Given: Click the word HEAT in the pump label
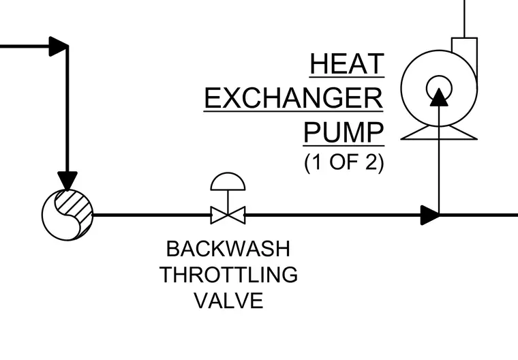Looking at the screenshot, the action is click(x=347, y=64).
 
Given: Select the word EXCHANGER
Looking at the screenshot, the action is click(x=293, y=98).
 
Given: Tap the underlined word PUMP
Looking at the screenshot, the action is click(x=344, y=132).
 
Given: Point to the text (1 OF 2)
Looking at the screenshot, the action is click(x=344, y=162).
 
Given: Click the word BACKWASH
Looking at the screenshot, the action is click(x=228, y=249).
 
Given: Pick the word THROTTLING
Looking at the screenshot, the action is click(x=228, y=275).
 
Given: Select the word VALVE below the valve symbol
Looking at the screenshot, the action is click(x=228, y=301).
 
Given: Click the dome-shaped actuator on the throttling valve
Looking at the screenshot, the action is click(x=228, y=181).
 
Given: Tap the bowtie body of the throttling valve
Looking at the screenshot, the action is click(x=228, y=215).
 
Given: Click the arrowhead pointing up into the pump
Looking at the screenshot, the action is click(x=439, y=97).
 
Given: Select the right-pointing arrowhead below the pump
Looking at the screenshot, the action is click(x=429, y=215).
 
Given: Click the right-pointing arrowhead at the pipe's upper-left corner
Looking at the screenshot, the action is click(x=59, y=46).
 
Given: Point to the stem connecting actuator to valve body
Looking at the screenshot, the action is click(x=228, y=202).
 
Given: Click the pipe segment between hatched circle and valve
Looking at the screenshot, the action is click(x=152, y=215).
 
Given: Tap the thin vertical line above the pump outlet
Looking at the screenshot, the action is click(x=464, y=19).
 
